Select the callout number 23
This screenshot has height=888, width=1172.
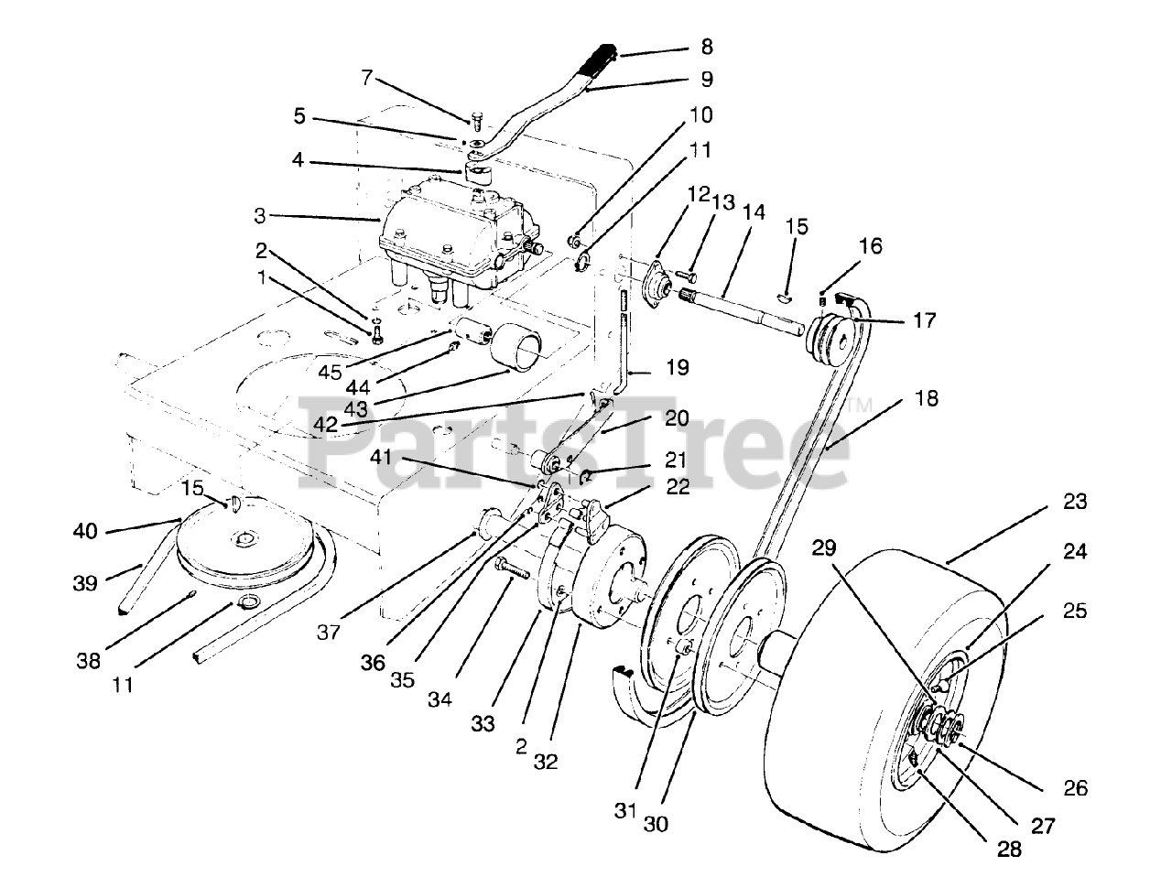(1074, 502)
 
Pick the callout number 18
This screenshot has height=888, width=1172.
(926, 399)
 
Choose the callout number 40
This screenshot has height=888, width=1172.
(85, 530)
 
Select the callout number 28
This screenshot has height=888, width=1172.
(1009, 849)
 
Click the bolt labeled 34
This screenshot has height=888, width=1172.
(513, 569)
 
